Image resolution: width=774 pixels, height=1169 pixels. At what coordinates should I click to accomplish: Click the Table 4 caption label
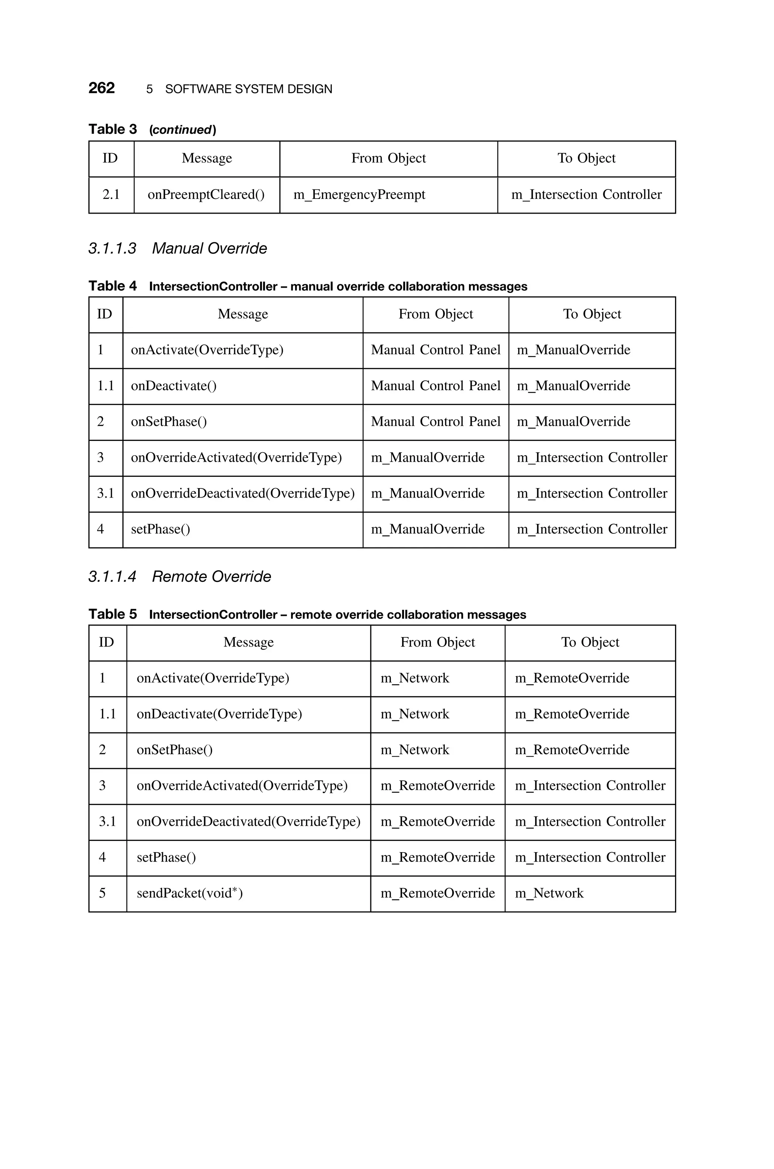pyautogui.click(x=113, y=286)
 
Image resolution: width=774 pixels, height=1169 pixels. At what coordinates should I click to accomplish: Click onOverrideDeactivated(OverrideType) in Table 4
pyautogui.click(x=242, y=493)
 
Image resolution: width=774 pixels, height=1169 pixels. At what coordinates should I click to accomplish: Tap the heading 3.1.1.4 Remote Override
pyautogui.click(x=179, y=576)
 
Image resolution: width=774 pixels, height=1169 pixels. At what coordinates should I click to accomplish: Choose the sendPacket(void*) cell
pyautogui.click(x=190, y=893)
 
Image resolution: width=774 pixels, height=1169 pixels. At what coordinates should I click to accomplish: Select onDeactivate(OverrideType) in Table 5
pyautogui.click(x=219, y=714)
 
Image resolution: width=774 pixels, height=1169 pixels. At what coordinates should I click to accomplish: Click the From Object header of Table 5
pyautogui.click(x=437, y=642)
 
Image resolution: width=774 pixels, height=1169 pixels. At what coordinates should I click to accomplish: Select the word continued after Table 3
pyautogui.click(x=182, y=130)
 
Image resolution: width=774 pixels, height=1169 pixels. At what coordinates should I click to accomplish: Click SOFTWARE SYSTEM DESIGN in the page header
pyautogui.click(x=248, y=89)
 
